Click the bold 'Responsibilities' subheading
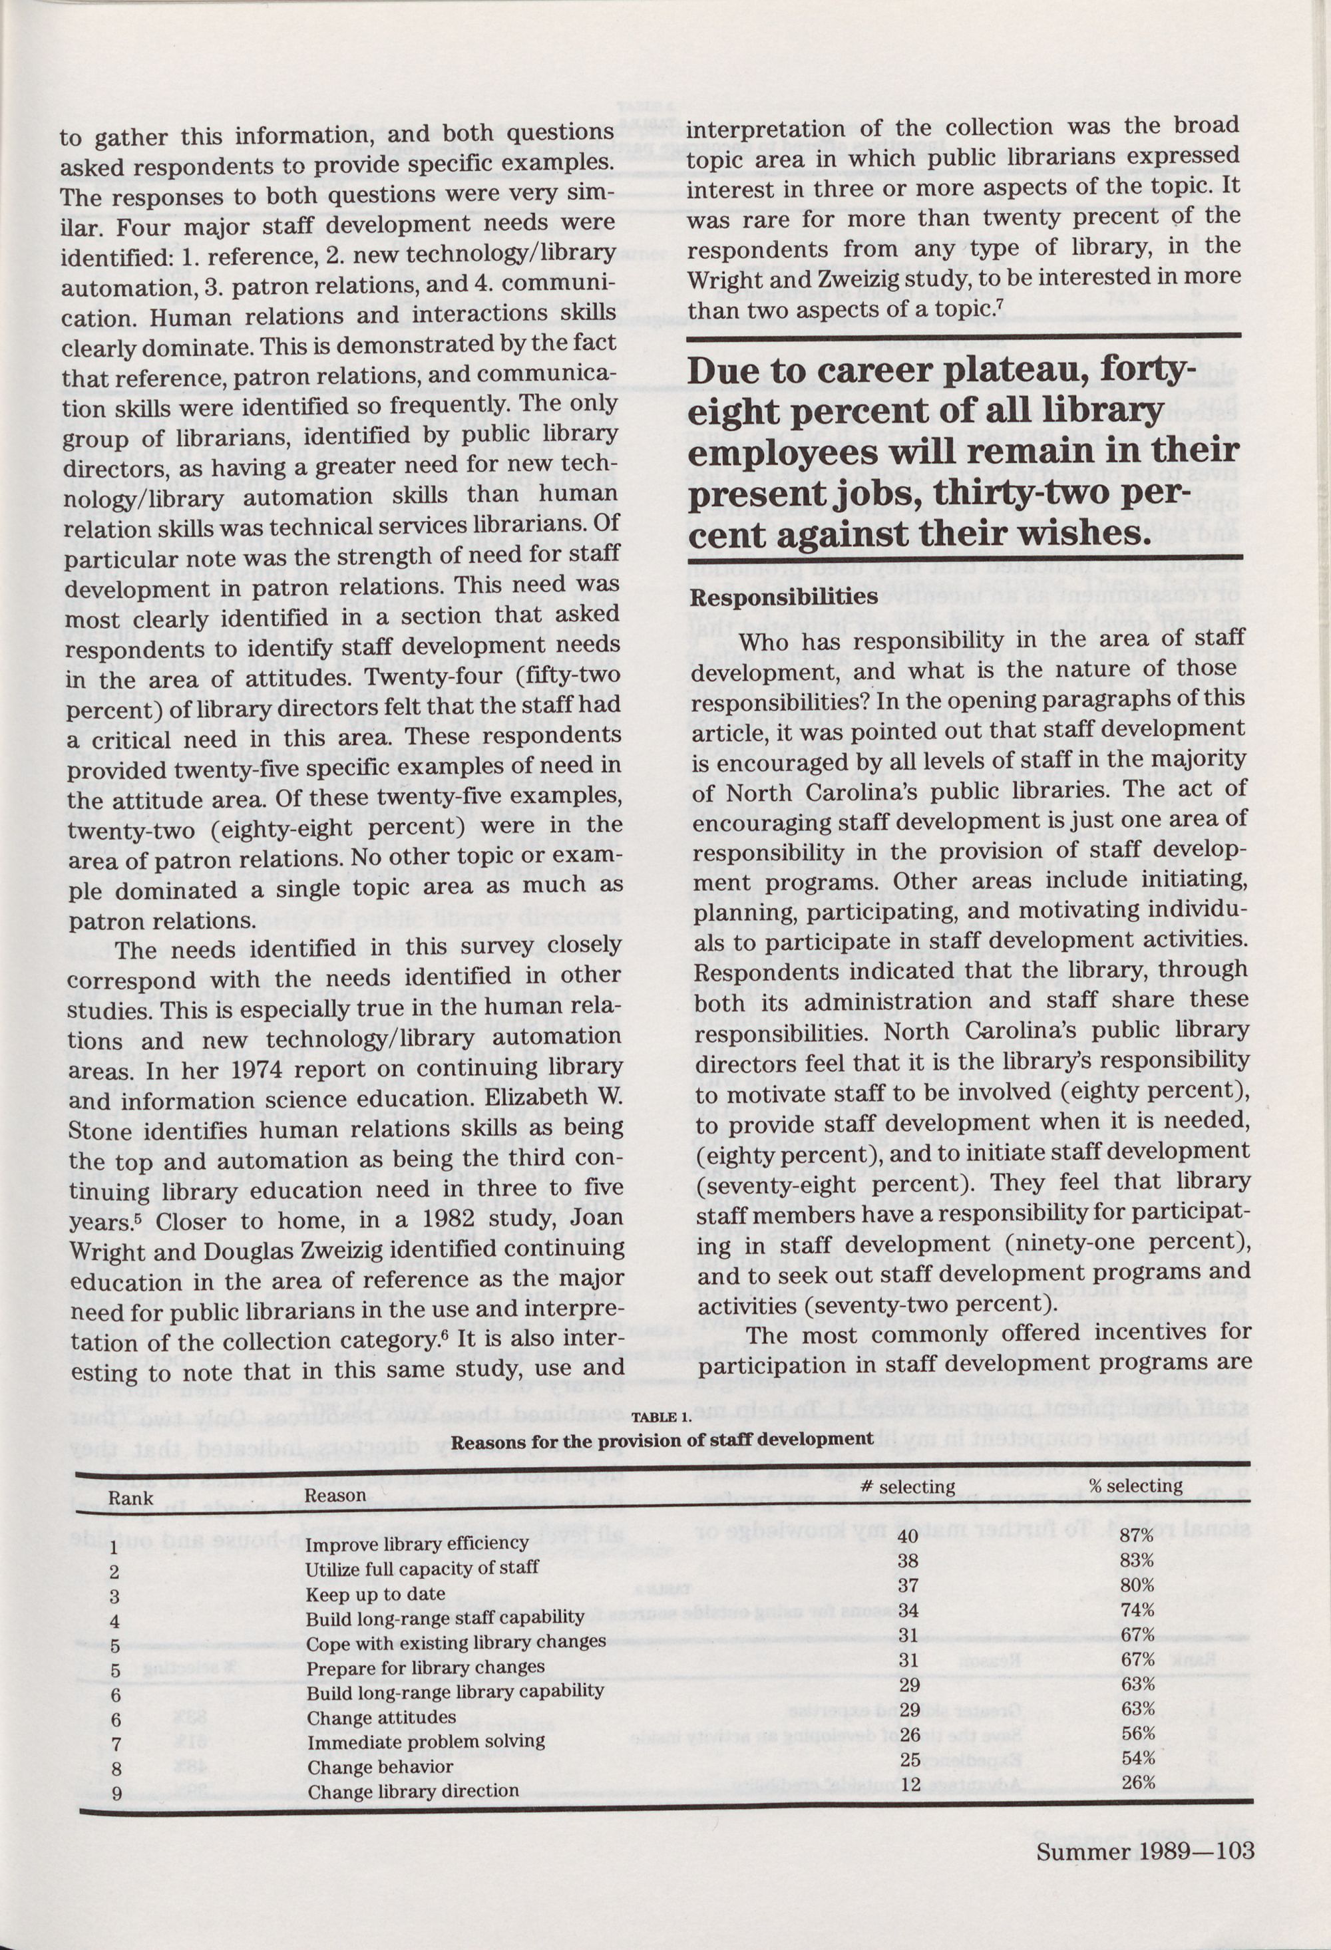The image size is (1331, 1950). click(783, 597)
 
